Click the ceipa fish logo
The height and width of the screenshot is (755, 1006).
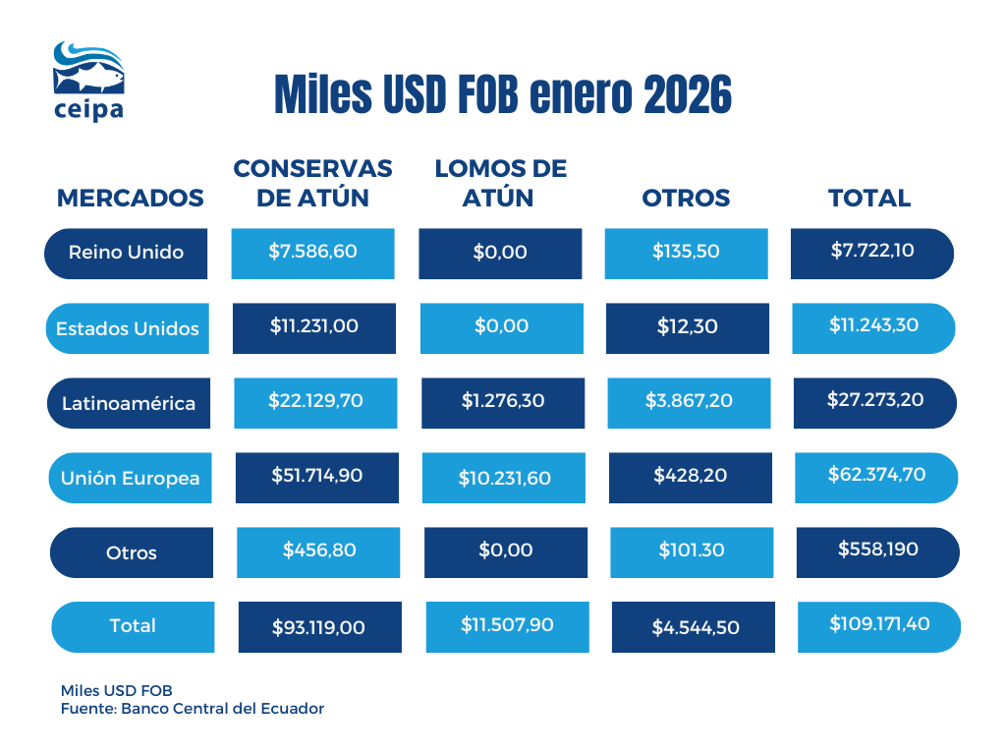click(x=88, y=80)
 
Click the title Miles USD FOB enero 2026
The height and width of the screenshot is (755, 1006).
click(x=502, y=96)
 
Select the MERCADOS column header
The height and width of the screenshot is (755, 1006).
click(x=131, y=198)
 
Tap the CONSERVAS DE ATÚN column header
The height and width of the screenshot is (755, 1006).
click(x=312, y=183)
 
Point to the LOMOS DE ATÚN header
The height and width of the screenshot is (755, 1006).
click(x=500, y=183)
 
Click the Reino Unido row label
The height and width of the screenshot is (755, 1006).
click(x=126, y=253)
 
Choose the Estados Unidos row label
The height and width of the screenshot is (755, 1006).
click(x=128, y=328)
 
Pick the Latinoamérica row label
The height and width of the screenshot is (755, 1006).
click(x=129, y=403)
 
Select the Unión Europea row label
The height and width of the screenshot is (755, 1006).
click(x=130, y=479)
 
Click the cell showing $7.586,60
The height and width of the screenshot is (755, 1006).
click(x=312, y=253)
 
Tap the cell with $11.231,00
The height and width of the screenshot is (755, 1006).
click(x=314, y=327)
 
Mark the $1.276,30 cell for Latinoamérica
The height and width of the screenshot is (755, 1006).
click(x=502, y=402)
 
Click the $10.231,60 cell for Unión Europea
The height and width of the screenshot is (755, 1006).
click(x=504, y=479)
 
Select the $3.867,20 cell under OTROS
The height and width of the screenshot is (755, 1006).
click(x=688, y=402)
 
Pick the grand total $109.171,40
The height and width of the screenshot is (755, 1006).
click(x=878, y=625)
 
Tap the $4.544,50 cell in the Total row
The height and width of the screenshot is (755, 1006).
click(x=695, y=627)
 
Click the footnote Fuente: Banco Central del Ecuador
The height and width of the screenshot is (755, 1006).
click(x=193, y=708)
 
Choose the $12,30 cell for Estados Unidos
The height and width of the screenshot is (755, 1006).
click(x=687, y=327)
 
